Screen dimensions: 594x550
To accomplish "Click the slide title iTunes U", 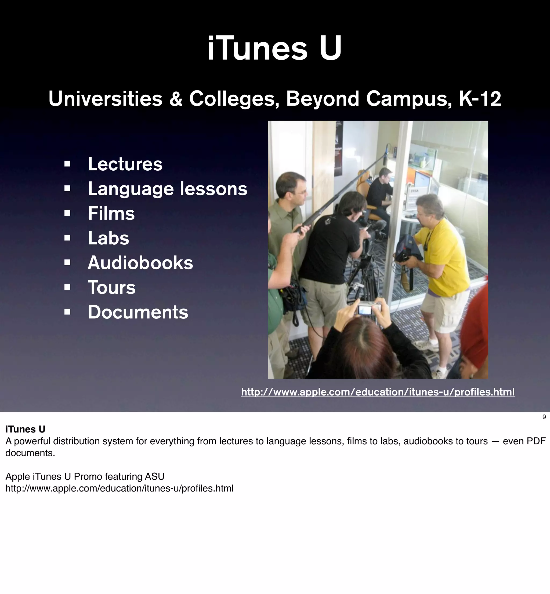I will click(274, 48).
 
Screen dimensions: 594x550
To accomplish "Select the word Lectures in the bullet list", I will click(125, 164).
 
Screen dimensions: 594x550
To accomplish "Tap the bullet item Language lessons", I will click(167, 189).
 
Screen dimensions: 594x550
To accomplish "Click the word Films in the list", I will click(111, 214).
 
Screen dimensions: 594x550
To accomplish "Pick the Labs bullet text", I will click(108, 238).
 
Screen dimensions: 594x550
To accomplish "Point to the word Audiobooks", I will click(140, 263).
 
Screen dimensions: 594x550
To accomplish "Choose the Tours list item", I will click(112, 288).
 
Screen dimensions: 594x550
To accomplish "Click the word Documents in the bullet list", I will click(138, 312).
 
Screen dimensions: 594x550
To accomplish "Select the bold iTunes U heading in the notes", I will click(25, 429).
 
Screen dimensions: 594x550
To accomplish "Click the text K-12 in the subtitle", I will click(480, 99).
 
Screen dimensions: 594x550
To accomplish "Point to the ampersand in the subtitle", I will click(176, 99).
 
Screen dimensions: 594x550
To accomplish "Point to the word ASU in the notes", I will click(154, 476).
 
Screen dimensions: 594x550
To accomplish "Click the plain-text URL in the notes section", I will click(119, 489).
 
